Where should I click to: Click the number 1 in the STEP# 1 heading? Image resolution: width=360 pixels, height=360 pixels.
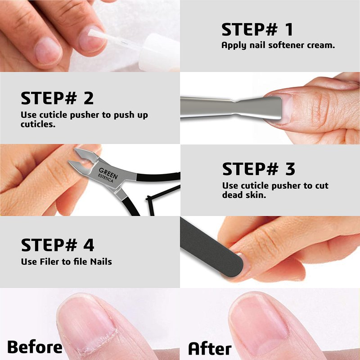click(288, 29)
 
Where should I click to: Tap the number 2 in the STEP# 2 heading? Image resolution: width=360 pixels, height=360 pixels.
click(89, 98)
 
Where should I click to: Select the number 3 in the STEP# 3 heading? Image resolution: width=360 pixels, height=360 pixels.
click(290, 169)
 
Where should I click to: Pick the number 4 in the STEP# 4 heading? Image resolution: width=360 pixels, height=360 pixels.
click(89, 245)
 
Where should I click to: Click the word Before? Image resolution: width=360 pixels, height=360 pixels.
click(35, 346)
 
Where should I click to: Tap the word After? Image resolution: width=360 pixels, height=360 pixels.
click(210, 348)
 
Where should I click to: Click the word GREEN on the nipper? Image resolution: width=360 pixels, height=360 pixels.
click(108, 173)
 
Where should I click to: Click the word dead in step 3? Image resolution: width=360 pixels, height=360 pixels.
click(232, 195)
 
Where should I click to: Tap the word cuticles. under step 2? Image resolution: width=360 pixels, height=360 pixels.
click(38, 124)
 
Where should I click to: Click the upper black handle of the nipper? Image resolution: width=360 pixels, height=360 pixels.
click(158, 177)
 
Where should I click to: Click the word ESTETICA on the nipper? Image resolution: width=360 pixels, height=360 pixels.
click(106, 178)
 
